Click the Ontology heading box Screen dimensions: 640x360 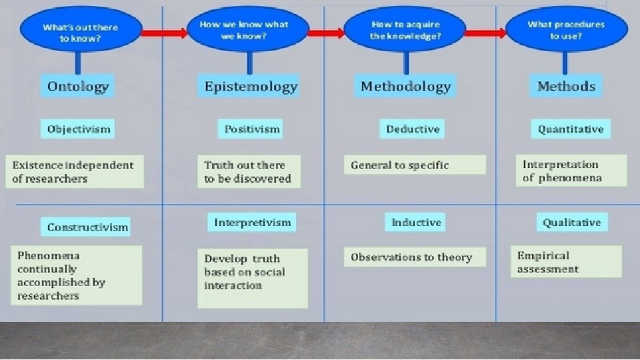pyautogui.click(x=77, y=86)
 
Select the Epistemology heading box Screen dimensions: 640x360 pyautogui.click(x=249, y=86)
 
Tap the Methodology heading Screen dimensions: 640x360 pyautogui.click(x=405, y=86)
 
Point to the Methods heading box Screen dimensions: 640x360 pyautogui.click(x=566, y=86)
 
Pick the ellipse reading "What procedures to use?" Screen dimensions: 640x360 pyautogui.click(x=566, y=29)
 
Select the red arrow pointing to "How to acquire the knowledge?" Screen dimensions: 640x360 pyautogui.click(x=326, y=33)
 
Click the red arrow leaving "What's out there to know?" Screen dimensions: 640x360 pyautogui.click(x=164, y=33)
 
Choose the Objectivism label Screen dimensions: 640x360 pyautogui.click(x=77, y=129)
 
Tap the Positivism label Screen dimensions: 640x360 pyautogui.click(x=250, y=129)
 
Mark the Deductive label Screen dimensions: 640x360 pyautogui.click(x=412, y=129)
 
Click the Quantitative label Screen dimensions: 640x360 pyautogui.click(x=571, y=129)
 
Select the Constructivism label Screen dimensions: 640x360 pyautogui.click(x=86, y=227)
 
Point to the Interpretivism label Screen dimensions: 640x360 pyautogui.click(x=252, y=222)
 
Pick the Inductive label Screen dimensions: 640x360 pyautogui.click(x=415, y=222)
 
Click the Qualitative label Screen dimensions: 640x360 pyautogui.click(x=572, y=222)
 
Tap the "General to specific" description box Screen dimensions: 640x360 pyautogui.click(x=415, y=165)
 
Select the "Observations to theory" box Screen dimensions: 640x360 pyautogui.click(x=415, y=257)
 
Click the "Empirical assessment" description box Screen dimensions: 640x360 pyautogui.click(x=566, y=261)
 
